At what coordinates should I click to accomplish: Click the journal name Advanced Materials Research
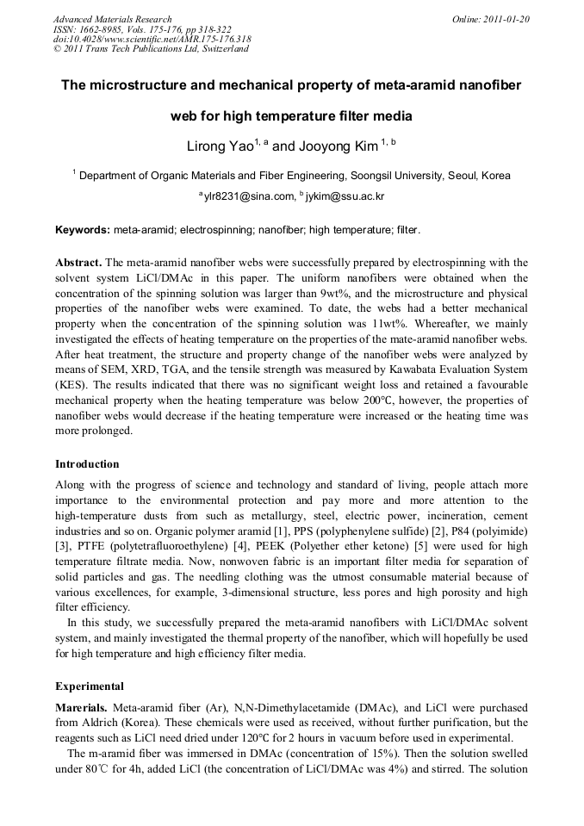(112, 18)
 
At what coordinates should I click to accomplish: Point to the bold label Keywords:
(82, 230)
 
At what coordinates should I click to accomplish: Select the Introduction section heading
(88, 464)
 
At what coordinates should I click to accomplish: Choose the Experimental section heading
(90, 686)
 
